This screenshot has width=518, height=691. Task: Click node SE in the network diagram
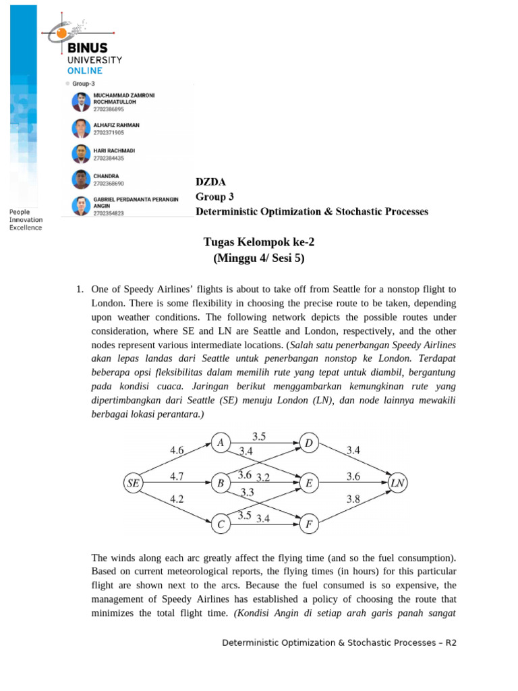coord(134,483)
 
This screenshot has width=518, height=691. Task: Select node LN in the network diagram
coord(398,483)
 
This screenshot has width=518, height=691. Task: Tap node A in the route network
coord(220,443)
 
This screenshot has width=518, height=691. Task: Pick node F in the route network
coord(309,524)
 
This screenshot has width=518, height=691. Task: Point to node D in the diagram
coord(309,443)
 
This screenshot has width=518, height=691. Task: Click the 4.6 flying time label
coord(177,449)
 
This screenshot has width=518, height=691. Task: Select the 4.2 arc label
coord(177,499)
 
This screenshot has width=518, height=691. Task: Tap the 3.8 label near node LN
coord(353,500)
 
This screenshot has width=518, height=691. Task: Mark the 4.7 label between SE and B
coord(177,476)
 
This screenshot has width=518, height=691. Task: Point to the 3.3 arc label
coord(247,493)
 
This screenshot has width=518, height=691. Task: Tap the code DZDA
coord(210,182)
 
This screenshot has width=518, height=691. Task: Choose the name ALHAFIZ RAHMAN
coord(117,126)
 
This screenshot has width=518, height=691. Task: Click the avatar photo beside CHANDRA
coord(80,179)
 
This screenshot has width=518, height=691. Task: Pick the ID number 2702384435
coord(109,158)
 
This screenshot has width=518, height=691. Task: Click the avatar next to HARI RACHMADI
coord(80,154)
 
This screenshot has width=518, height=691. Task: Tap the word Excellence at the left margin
coord(25,227)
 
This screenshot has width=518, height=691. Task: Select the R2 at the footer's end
coord(451,642)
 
